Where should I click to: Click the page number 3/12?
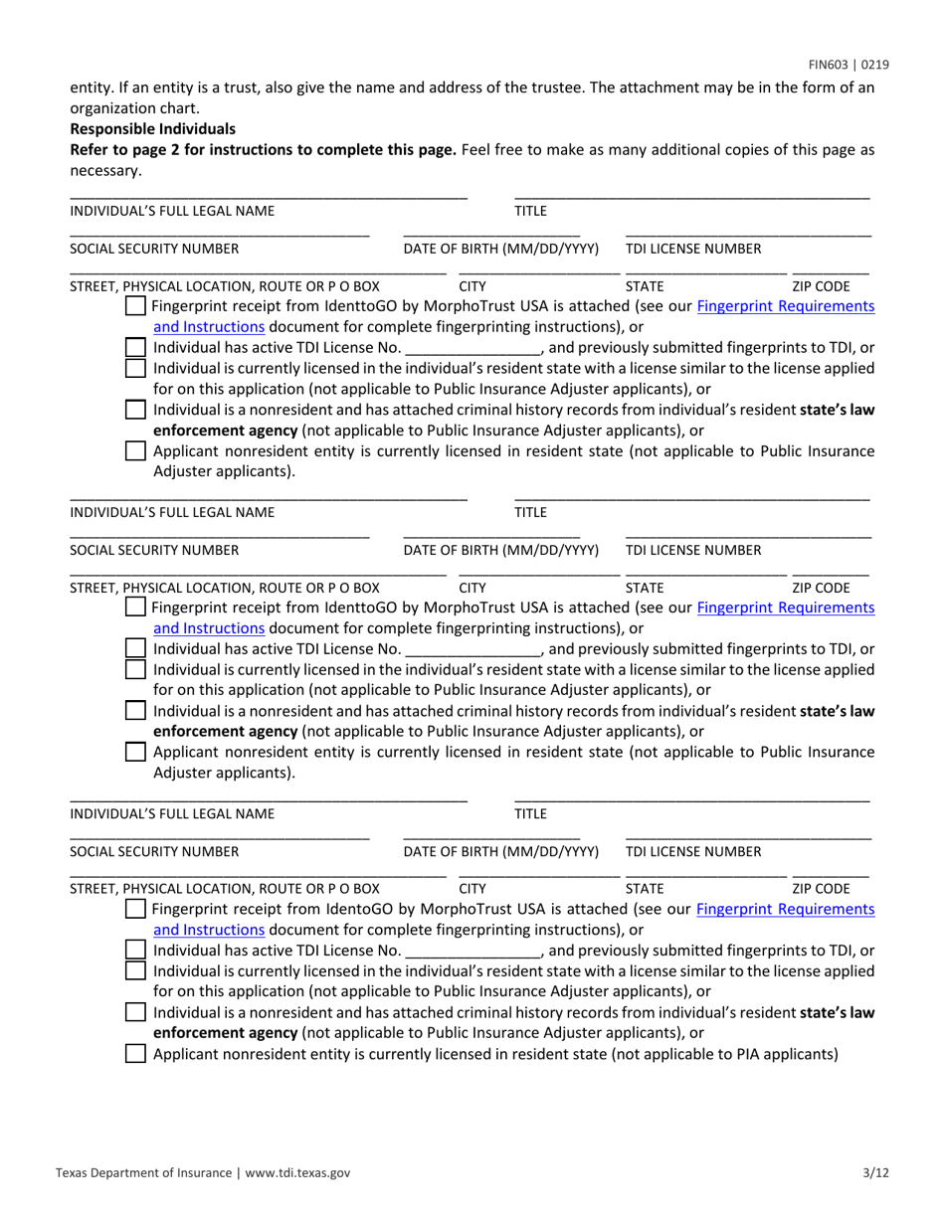pyautogui.click(x=876, y=1173)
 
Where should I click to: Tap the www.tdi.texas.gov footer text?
pyautogui.click(x=297, y=1173)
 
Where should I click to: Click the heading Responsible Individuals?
pyautogui.click(x=152, y=129)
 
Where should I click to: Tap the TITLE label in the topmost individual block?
pyautogui.click(x=530, y=210)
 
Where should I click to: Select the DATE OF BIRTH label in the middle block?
pyautogui.click(x=501, y=550)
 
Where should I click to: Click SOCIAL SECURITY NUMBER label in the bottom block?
pyautogui.click(x=154, y=851)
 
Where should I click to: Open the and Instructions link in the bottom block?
pyautogui.click(x=209, y=930)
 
